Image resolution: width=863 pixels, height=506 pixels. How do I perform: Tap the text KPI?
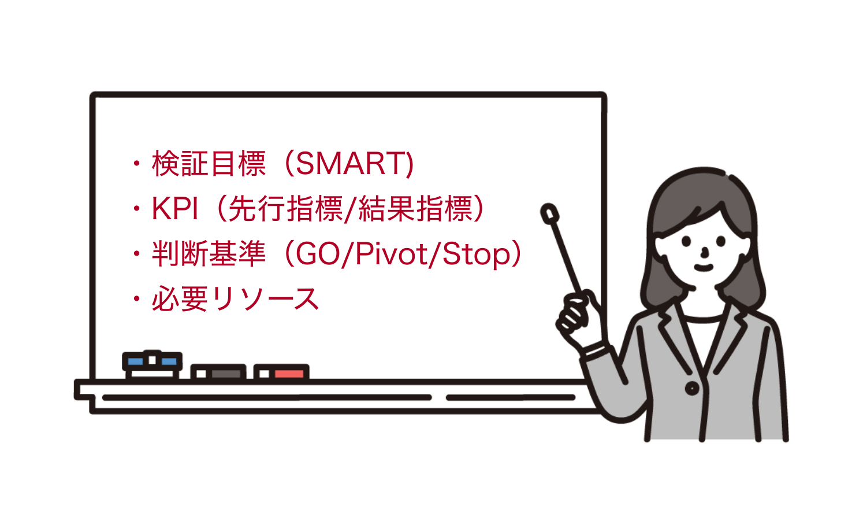tap(175, 209)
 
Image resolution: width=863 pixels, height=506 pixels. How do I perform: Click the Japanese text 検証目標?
tap(209, 164)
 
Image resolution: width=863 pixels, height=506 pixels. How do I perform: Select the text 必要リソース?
tap(236, 298)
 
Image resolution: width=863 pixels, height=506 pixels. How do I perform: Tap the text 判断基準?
tap(209, 254)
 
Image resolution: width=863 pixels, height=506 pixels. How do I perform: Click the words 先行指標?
tap(285, 209)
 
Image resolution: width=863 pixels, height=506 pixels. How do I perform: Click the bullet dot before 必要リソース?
tap(136, 298)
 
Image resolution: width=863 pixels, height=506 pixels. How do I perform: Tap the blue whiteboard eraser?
tap(152, 364)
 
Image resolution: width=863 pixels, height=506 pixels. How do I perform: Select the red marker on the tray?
tap(281, 372)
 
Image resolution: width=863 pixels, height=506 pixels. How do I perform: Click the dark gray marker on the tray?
tap(218, 372)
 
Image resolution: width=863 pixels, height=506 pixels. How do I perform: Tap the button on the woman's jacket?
tap(692, 387)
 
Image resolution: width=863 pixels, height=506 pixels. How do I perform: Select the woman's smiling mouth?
tap(704, 268)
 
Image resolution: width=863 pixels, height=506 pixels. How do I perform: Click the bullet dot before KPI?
tap(136, 209)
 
